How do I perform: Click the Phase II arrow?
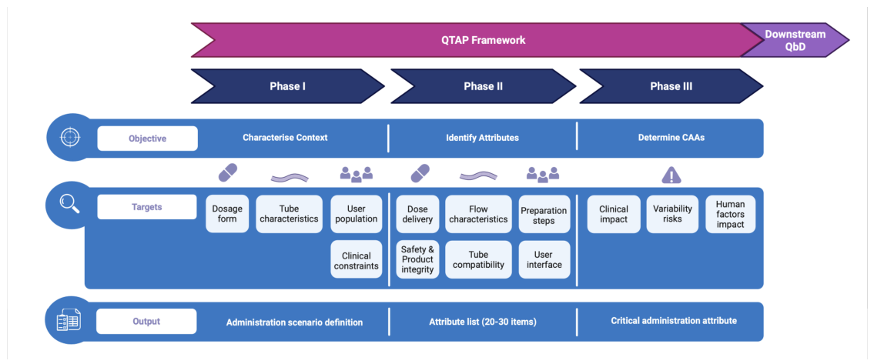click(484, 86)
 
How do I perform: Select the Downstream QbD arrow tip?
click(849, 40)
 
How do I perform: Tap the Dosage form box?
click(227, 214)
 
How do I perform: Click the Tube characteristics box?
click(289, 214)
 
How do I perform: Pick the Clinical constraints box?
click(357, 260)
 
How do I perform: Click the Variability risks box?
click(672, 214)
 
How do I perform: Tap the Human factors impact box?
click(730, 214)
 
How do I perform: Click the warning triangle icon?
click(671, 175)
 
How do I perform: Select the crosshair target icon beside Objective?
click(70, 138)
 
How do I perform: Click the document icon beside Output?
click(69, 319)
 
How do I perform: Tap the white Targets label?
click(147, 207)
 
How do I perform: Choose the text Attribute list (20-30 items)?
click(483, 322)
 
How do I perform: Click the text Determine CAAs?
click(671, 137)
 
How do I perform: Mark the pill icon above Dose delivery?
click(420, 173)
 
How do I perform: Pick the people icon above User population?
click(357, 175)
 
